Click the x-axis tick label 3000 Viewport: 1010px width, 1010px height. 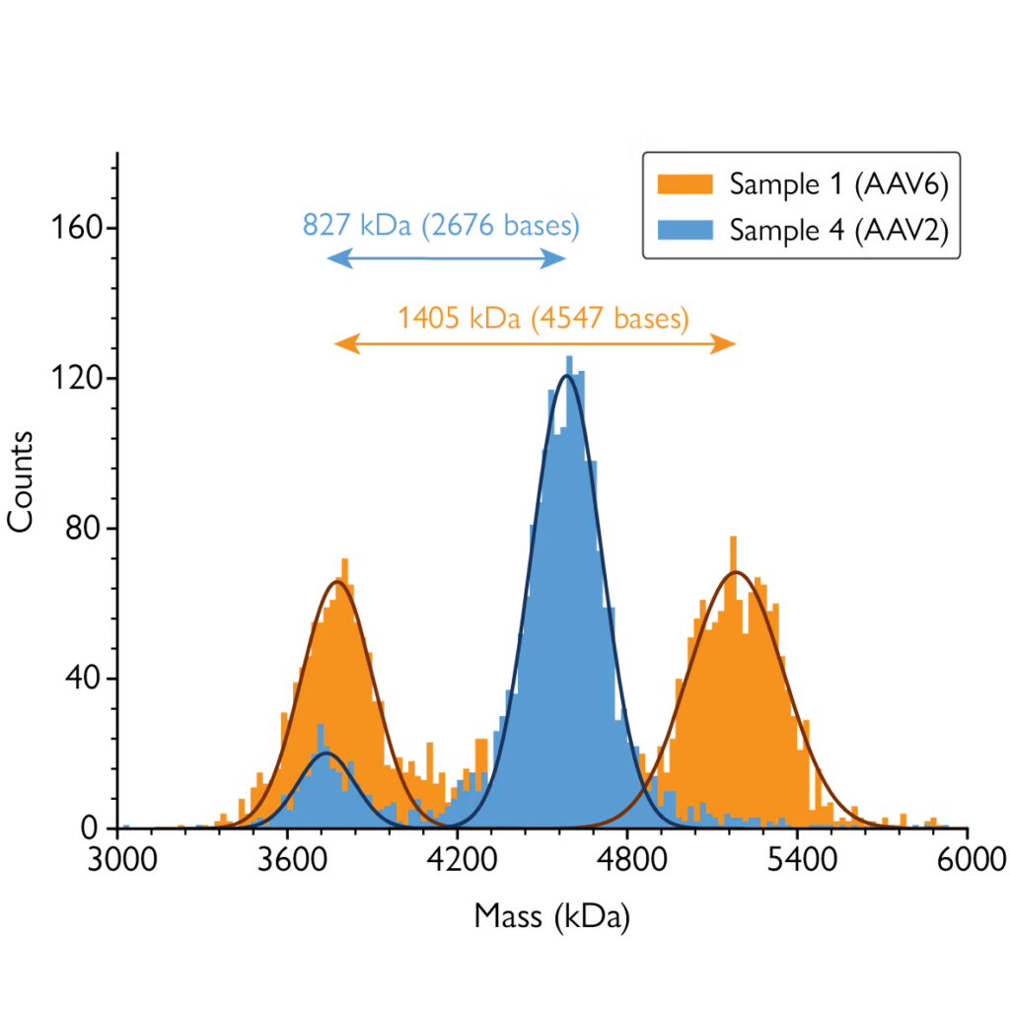[x=117, y=856]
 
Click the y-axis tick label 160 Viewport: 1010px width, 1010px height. [x=79, y=228]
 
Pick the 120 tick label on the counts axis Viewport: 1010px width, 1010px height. [x=79, y=379]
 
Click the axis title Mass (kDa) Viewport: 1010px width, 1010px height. [x=551, y=916]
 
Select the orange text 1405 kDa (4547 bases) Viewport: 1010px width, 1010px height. [x=542, y=318]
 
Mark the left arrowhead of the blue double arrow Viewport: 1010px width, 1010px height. [x=333, y=259]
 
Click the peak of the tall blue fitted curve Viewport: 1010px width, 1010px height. [x=566, y=375]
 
